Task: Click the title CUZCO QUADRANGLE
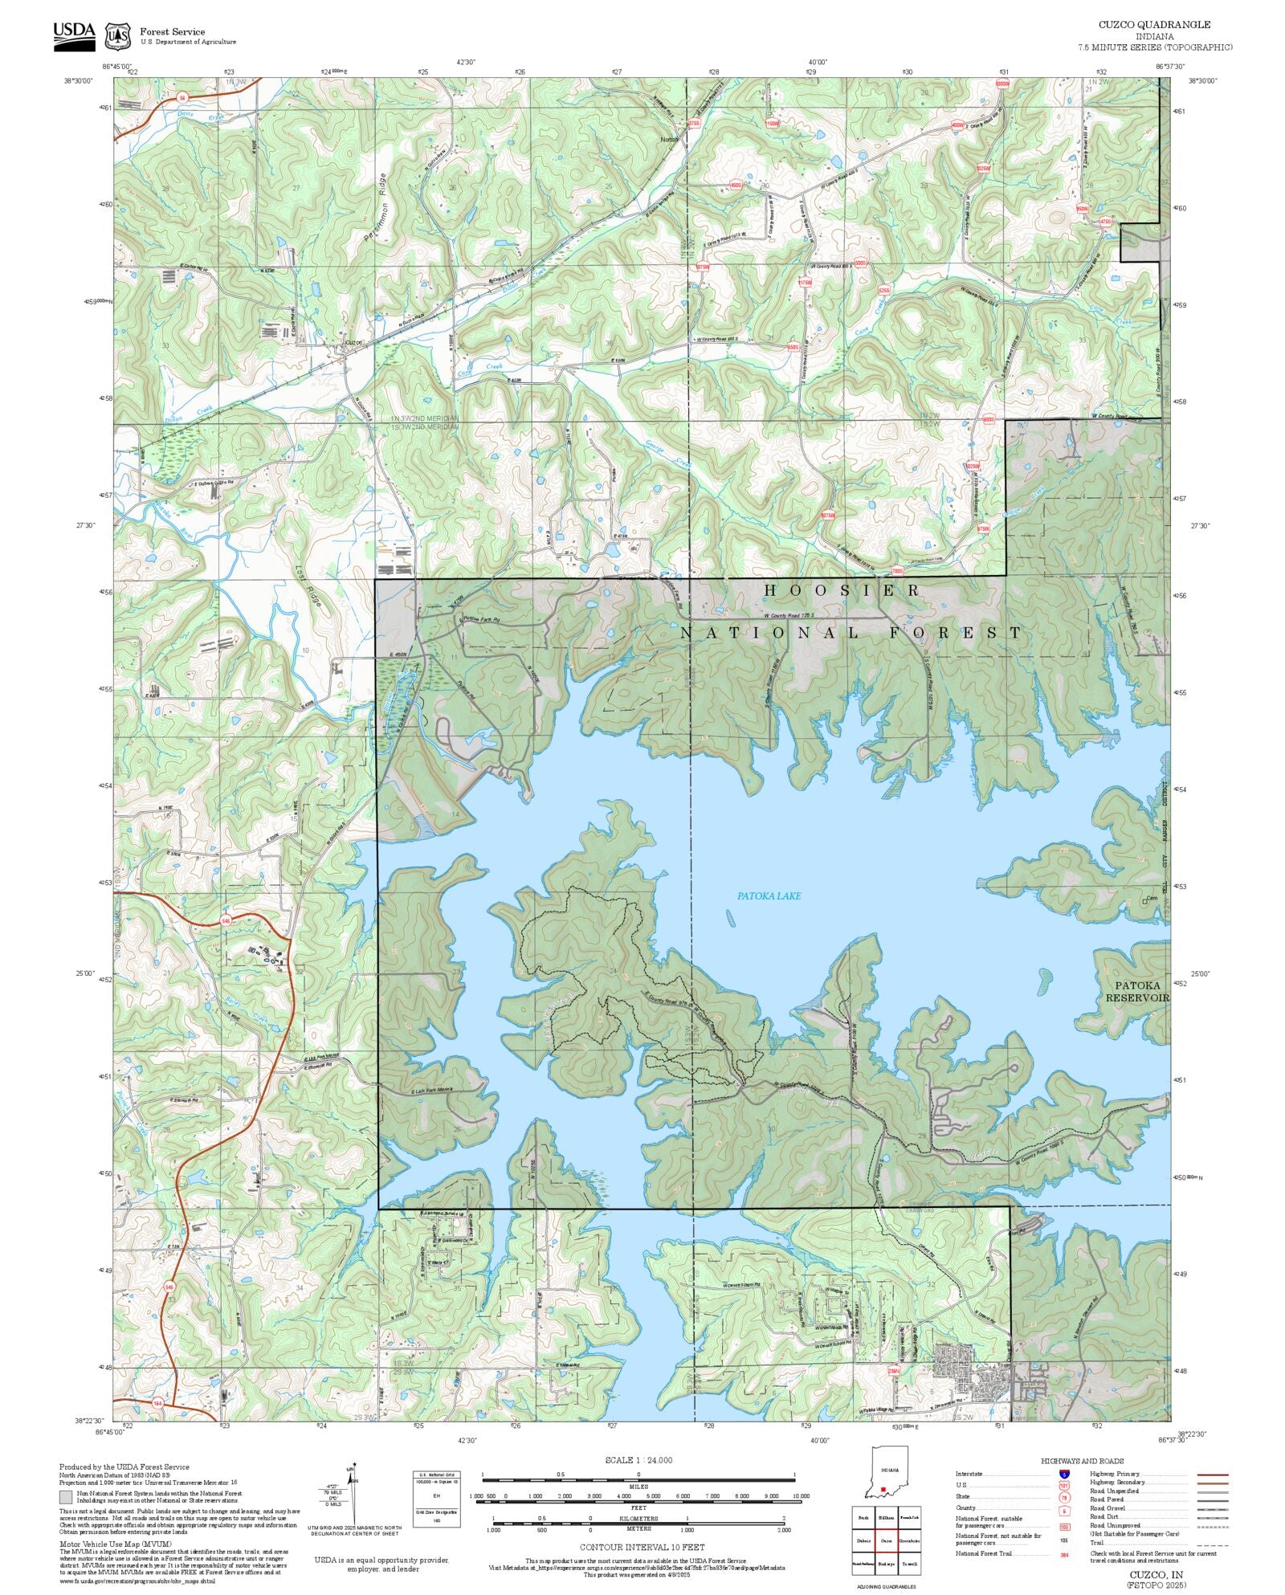(1154, 25)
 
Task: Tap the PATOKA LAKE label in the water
(769, 895)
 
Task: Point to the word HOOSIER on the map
(842, 590)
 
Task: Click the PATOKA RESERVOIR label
(1136, 991)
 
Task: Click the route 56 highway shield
(182, 98)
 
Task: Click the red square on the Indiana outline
(883, 1489)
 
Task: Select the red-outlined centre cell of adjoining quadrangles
(886, 1540)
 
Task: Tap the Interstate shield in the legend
(1064, 1475)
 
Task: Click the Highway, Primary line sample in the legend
(1213, 1475)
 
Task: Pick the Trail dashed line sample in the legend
(1213, 1543)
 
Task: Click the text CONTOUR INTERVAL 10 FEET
(642, 1546)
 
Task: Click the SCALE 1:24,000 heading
(638, 1460)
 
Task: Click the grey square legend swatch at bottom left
(66, 1497)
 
